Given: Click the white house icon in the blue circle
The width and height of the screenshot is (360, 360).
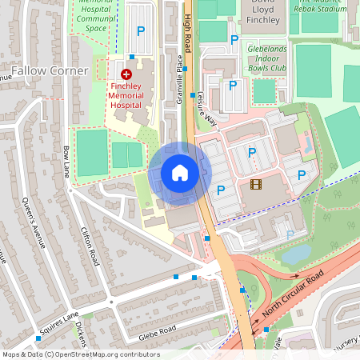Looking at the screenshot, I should tap(180, 173).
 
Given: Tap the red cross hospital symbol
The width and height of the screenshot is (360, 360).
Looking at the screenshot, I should tap(126, 73).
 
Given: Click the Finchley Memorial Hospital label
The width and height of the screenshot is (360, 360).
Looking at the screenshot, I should tap(126, 94).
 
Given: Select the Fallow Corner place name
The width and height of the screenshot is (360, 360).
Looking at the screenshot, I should tap(50, 71).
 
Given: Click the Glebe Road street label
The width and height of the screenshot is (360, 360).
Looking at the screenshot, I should tap(154, 329).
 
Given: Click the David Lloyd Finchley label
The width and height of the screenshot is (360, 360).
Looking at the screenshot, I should tap(264, 10).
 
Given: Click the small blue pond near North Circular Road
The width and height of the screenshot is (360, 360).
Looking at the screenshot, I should tap(297, 254).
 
